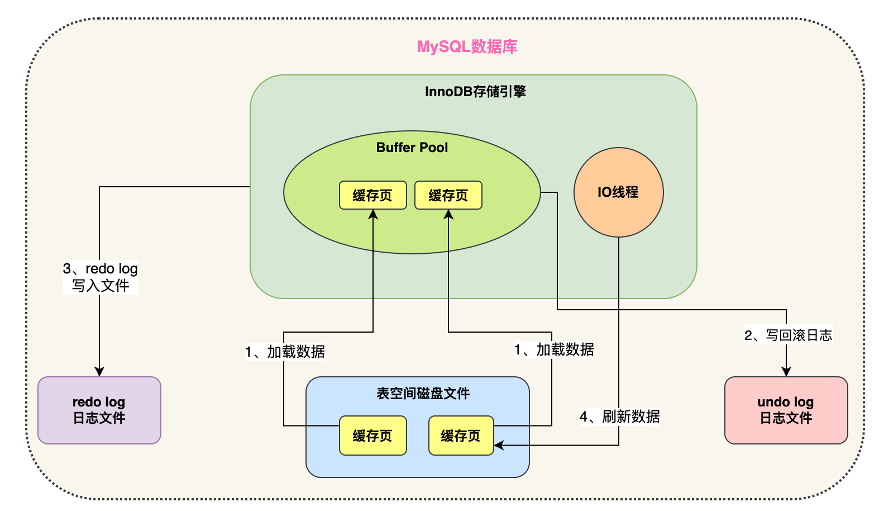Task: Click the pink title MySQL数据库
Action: (467, 46)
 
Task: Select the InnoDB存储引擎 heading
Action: (475, 92)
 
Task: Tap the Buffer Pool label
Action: (412, 148)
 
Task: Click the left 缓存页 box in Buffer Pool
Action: (372, 195)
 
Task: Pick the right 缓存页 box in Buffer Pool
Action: (448, 195)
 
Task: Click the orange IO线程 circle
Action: (618, 192)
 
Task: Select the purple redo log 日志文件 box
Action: (99, 410)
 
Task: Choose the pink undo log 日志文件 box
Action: (786, 410)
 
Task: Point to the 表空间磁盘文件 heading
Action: (423, 394)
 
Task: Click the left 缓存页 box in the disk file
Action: (372, 436)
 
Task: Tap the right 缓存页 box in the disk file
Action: (461, 436)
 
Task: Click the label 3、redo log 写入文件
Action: (101, 277)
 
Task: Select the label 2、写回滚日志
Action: (788, 335)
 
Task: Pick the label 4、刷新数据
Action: (619, 417)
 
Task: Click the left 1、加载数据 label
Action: (285, 352)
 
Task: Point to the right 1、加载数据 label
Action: (554, 350)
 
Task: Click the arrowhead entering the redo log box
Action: (99, 372)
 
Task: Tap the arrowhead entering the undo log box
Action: (786, 372)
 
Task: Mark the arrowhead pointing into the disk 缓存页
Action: (499, 446)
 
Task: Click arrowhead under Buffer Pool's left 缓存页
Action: (373, 214)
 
